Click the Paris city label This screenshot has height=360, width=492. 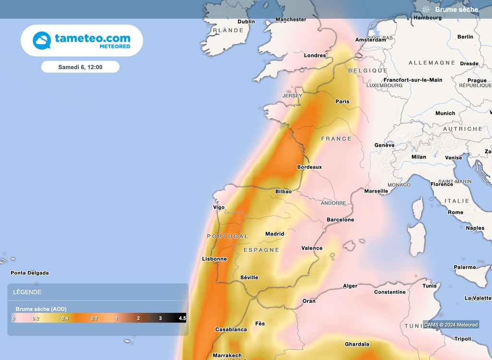pyautogui.click(x=342, y=101)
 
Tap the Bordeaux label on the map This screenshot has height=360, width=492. pyautogui.click(x=309, y=167)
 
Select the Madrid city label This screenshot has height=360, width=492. pyautogui.click(x=275, y=234)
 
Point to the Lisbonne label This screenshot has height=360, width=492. pyautogui.click(x=214, y=259)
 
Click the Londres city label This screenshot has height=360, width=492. pyautogui.click(x=315, y=56)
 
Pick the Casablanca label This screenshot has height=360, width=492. pyautogui.click(x=231, y=330)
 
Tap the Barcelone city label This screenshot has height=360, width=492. pyautogui.click(x=340, y=220)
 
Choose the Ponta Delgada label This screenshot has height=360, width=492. pyautogui.click(x=30, y=273)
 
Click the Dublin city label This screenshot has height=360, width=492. pyautogui.click(x=246, y=22)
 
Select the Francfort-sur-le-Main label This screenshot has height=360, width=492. pyautogui.click(x=413, y=80)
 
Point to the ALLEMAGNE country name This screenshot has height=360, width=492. pyautogui.click(x=432, y=63)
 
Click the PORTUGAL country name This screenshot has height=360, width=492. pyautogui.click(x=228, y=236)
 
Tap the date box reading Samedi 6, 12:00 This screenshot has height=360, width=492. pyautogui.click(x=80, y=67)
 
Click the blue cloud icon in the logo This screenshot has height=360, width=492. pyautogui.click(x=42, y=40)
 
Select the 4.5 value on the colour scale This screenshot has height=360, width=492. pyautogui.click(x=182, y=318)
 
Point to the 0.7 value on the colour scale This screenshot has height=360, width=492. pyautogui.click(x=94, y=318)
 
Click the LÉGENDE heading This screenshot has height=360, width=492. pyautogui.click(x=27, y=292)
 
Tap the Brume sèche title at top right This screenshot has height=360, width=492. pyautogui.click(x=456, y=10)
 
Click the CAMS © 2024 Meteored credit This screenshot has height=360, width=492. pyautogui.click(x=451, y=325)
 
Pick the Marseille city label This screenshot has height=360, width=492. pyautogui.click(x=376, y=191)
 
